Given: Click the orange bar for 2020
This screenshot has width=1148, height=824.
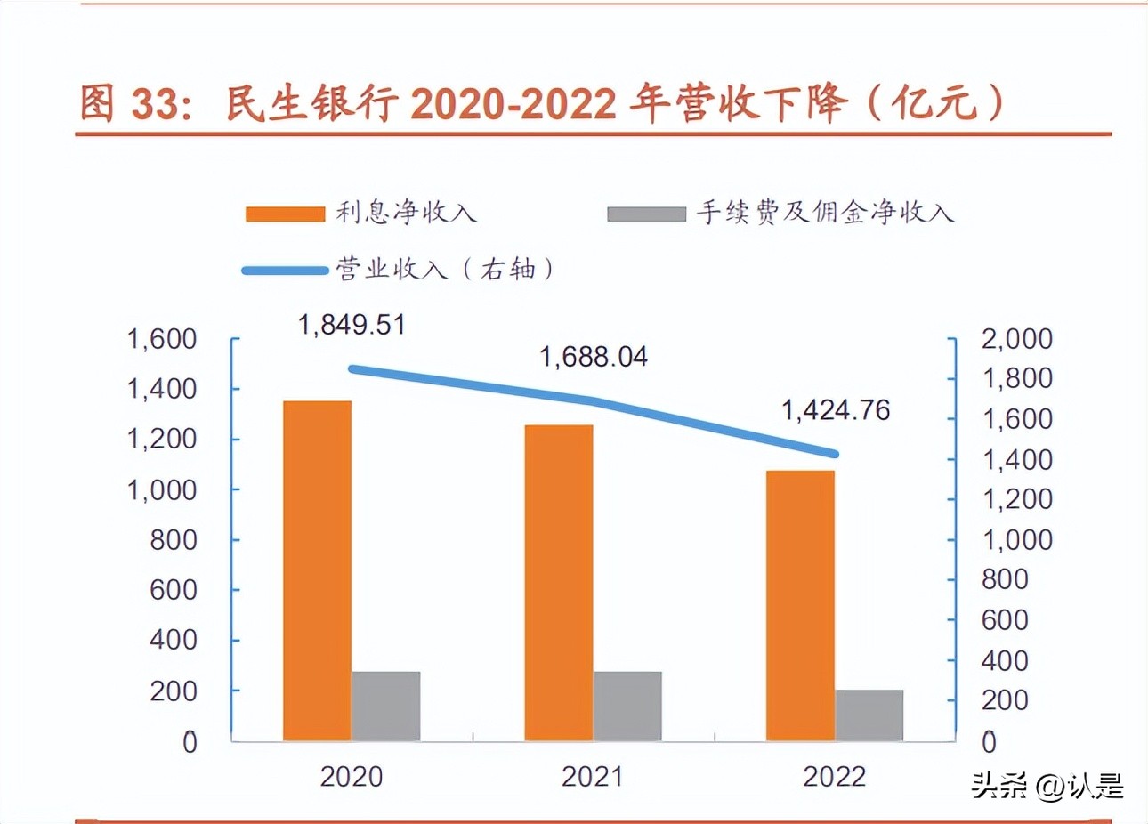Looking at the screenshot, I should pyautogui.click(x=317, y=570).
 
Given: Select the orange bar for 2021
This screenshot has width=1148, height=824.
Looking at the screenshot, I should pyautogui.click(x=559, y=583).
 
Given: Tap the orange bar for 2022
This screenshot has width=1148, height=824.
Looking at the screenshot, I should pyautogui.click(x=800, y=605).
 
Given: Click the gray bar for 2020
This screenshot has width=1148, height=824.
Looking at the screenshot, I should pyautogui.click(x=385, y=706).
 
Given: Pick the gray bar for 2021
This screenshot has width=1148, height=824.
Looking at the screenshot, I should pyautogui.click(x=627, y=706).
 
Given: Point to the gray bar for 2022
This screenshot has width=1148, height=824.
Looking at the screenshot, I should pyautogui.click(x=869, y=715).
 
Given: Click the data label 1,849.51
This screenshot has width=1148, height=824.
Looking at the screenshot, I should pyautogui.click(x=352, y=325).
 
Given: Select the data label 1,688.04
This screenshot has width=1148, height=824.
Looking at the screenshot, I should pyautogui.click(x=594, y=357).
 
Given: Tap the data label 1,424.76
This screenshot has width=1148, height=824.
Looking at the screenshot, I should pyautogui.click(x=836, y=410).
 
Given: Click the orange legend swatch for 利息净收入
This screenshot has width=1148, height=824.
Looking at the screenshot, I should pyautogui.click(x=285, y=214).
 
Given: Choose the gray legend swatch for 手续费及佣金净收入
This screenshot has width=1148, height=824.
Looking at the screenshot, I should pyautogui.click(x=646, y=214).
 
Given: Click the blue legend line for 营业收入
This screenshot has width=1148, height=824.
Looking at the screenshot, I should pyautogui.click(x=285, y=270).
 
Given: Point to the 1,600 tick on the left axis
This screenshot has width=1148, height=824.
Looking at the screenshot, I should pyautogui.click(x=162, y=339).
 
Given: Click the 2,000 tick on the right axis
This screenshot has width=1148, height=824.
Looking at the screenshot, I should pyautogui.click(x=1016, y=339).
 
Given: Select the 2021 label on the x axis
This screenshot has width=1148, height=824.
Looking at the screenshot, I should pyautogui.click(x=593, y=777).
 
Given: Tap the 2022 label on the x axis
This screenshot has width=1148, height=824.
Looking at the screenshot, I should pyautogui.click(x=834, y=777).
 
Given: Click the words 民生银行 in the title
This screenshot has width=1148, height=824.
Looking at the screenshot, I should pyautogui.click(x=311, y=104).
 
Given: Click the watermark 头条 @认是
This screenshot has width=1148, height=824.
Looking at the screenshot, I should pyautogui.click(x=1047, y=786).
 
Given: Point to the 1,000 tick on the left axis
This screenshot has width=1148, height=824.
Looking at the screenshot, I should pyautogui.click(x=162, y=489).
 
